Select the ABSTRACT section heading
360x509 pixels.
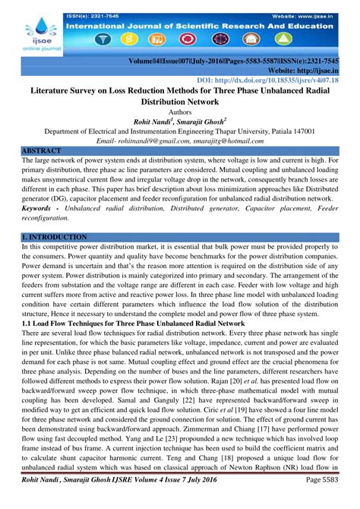[x=43, y=151]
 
